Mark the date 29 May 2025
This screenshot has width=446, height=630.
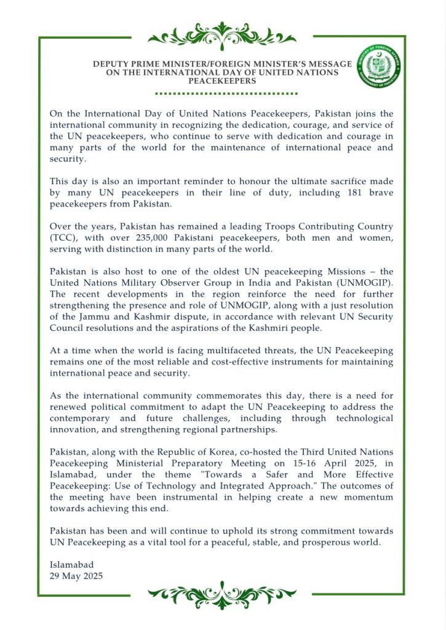[x=76, y=576]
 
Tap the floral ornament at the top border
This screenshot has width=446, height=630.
[x=223, y=35]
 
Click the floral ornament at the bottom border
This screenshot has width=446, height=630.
[x=223, y=595]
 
